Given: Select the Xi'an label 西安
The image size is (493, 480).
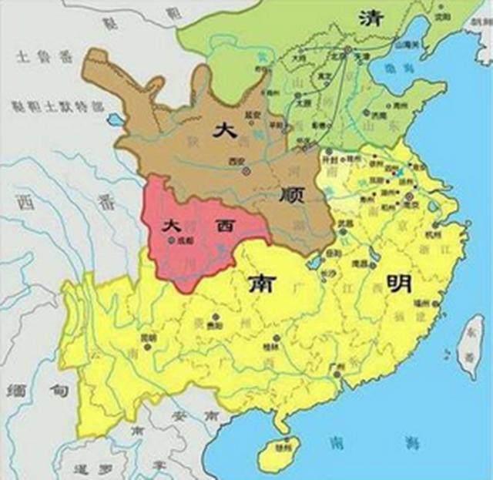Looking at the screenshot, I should click(236, 161).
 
